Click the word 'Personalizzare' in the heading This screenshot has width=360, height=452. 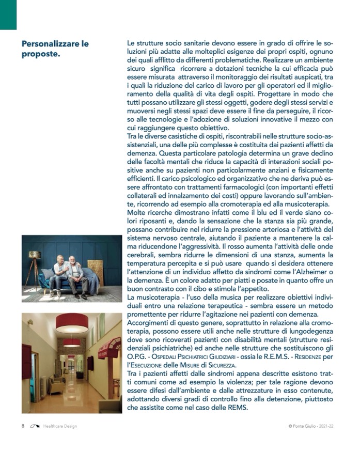(x=51, y=44)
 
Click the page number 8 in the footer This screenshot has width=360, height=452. (x=23, y=426)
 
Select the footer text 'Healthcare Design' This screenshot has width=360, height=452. (x=60, y=426)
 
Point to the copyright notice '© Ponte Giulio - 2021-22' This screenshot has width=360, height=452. (x=315, y=426)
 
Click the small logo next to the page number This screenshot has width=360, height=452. (x=35, y=426)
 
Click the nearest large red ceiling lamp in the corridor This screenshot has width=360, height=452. (x=72, y=323)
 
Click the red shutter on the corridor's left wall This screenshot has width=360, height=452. (x=27, y=361)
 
